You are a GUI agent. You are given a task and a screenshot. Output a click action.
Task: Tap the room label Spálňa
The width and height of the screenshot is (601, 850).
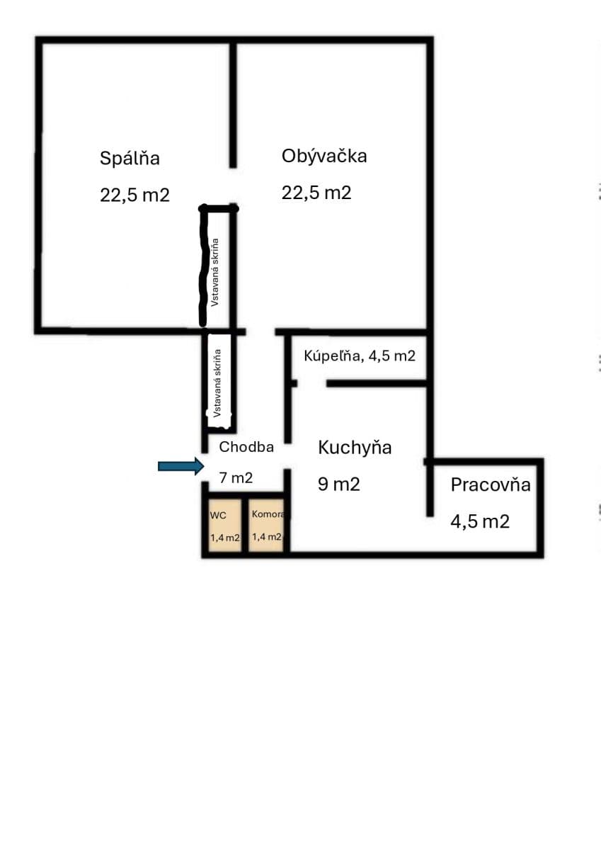tap(130, 158)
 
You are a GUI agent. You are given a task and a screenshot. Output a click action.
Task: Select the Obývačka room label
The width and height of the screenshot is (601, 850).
tap(324, 156)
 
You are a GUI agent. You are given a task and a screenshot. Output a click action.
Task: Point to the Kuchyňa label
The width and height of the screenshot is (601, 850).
tap(355, 448)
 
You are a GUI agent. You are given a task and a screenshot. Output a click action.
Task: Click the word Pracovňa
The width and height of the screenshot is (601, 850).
tap(491, 485)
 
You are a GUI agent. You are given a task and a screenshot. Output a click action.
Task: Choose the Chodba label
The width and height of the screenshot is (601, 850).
tap(246, 447)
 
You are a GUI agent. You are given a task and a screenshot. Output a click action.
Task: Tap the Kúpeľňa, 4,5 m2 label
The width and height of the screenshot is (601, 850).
tap(360, 356)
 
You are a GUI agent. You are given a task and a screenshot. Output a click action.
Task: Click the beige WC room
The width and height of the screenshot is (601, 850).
tap(222, 525)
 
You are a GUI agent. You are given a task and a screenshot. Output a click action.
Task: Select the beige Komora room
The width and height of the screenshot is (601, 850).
tap(266, 525)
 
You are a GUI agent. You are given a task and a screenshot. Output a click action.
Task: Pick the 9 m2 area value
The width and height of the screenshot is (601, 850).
tap(339, 484)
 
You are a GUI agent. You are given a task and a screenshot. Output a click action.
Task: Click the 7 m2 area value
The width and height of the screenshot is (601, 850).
tap(236, 478)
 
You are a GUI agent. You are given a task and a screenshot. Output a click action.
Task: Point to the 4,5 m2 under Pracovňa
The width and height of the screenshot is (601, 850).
tap(480, 522)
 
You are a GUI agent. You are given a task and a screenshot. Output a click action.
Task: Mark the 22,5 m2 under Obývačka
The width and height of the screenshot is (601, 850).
tap(316, 193)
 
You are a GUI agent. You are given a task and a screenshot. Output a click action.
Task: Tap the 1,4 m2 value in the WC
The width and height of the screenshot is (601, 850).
tap(225, 538)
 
